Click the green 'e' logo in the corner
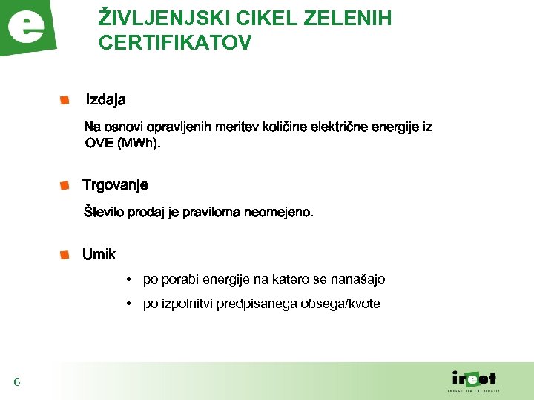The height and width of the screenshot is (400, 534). (29, 28)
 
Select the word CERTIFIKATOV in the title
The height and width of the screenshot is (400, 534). (175, 43)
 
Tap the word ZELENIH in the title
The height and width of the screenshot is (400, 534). (351, 19)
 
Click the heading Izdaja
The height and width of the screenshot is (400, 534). (106, 99)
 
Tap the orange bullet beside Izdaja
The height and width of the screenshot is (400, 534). (65, 99)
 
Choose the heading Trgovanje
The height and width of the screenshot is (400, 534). (116, 185)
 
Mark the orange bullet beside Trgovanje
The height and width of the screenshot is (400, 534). (65, 184)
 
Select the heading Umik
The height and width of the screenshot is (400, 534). (99, 255)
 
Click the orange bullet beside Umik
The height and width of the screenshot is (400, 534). (65, 254)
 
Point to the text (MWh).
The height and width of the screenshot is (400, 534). (139, 144)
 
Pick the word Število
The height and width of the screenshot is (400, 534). (104, 213)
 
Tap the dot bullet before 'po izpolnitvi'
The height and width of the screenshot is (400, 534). (129, 304)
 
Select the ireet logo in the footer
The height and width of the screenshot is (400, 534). (474, 379)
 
